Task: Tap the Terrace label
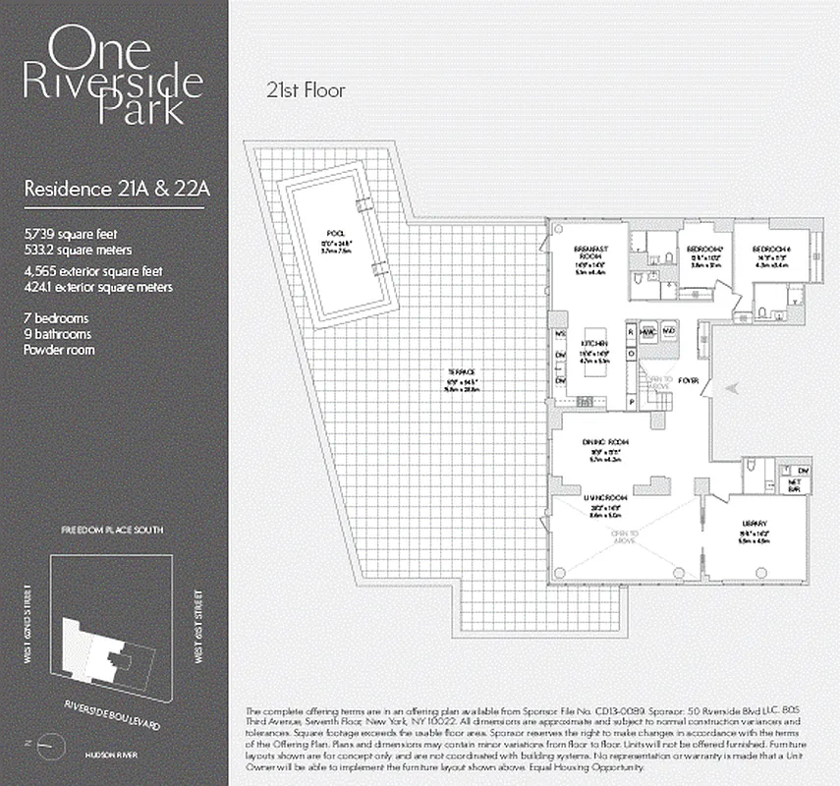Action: [x=453, y=372]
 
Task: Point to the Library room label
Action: [x=755, y=524]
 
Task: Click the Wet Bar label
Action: [x=796, y=484]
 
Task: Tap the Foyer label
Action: [x=689, y=379]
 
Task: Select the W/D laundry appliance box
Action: [x=670, y=331]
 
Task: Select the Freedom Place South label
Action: [x=112, y=530]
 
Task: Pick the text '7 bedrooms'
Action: [x=56, y=318]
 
